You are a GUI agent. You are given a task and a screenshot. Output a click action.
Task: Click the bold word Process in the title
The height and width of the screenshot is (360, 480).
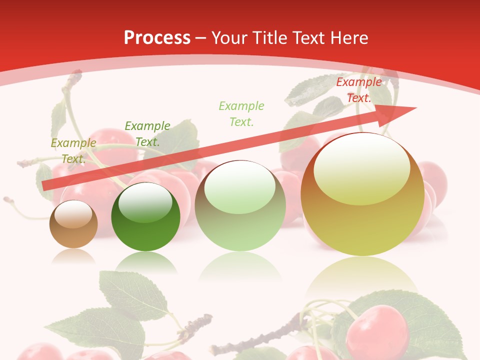[x=157, y=37]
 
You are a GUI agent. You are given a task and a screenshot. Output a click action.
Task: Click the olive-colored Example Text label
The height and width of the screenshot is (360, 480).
[x=73, y=150]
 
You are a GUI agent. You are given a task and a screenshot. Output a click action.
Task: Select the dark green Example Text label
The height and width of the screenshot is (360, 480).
[x=147, y=133]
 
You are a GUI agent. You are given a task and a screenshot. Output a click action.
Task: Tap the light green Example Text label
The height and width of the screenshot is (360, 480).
[x=241, y=113]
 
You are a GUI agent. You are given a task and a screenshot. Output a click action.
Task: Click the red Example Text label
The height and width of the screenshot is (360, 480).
[x=359, y=90]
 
